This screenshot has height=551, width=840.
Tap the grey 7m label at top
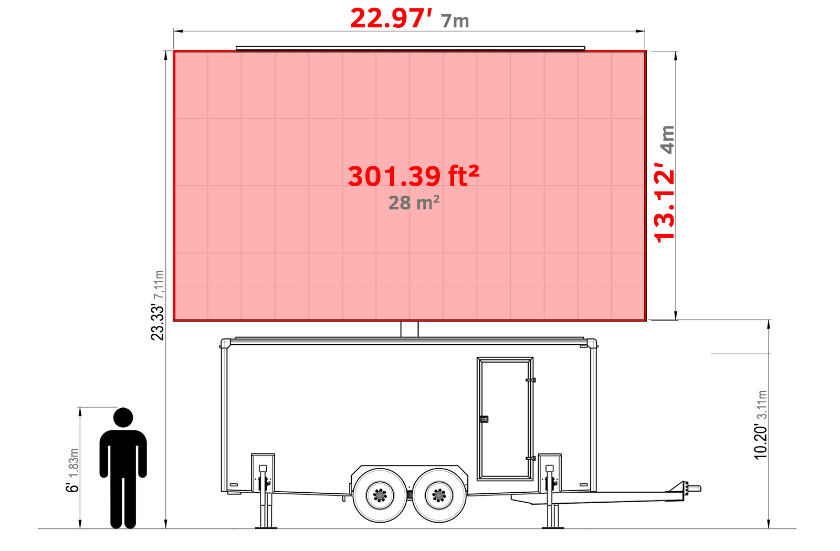455,21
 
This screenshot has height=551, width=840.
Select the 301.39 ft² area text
413,176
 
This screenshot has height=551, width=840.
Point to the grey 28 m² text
414,203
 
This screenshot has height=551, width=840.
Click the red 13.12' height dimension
664,206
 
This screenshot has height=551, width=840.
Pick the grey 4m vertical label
667,139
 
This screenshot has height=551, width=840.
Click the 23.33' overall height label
157,321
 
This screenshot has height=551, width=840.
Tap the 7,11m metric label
159,285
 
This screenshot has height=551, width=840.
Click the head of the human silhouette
123,418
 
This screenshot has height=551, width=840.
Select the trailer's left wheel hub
380,495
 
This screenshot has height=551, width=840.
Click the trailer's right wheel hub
439,495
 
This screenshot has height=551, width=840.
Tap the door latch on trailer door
484,419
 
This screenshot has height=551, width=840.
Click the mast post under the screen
409,329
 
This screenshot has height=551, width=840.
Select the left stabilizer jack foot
266,526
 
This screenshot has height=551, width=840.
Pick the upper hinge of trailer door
530,380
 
